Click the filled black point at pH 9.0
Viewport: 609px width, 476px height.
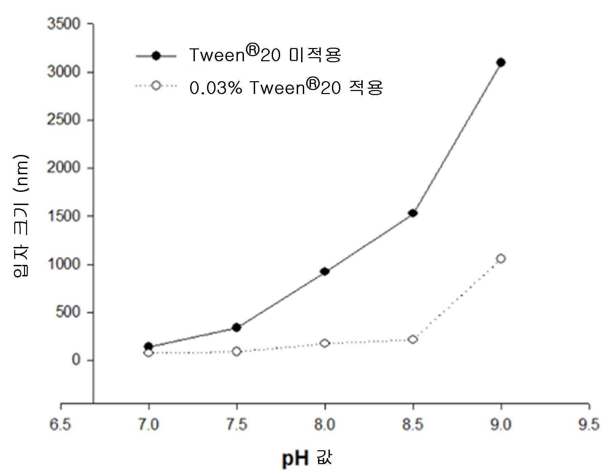[x=501, y=62]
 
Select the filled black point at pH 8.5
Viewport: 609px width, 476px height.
[x=413, y=213]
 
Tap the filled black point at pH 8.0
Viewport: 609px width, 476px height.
[x=325, y=271]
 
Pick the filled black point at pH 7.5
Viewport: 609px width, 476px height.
[x=236, y=327]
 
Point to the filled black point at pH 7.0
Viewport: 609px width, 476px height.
[x=149, y=346]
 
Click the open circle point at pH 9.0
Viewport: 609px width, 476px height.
[x=501, y=258]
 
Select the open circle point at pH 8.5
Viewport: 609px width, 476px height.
[x=413, y=339]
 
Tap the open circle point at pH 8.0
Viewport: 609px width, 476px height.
[x=325, y=343]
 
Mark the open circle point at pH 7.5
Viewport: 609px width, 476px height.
[x=236, y=352]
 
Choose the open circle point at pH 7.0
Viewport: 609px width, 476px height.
[x=149, y=353]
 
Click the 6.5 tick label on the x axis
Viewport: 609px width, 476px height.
[x=61, y=425]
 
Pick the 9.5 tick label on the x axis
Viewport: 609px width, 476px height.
[x=589, y=425]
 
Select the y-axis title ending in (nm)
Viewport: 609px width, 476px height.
[x=21, y=216]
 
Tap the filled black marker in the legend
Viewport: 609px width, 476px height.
[x=156, y=56]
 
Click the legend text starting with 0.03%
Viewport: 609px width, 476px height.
[x=286, y=87]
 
